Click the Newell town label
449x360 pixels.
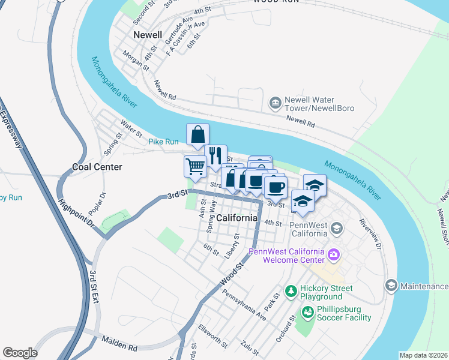point(148,35)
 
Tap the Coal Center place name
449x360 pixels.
point(97,167)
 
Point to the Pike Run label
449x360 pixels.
point(163,142)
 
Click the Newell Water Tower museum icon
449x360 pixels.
point(276,103)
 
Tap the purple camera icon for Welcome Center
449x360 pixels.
point(334,256)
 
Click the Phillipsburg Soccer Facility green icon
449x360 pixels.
point(307,312)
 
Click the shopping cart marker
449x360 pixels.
point(194,166)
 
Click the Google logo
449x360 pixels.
point(20,353)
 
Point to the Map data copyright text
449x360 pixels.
point(424,355)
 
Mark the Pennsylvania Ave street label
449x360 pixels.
point(244,305)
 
